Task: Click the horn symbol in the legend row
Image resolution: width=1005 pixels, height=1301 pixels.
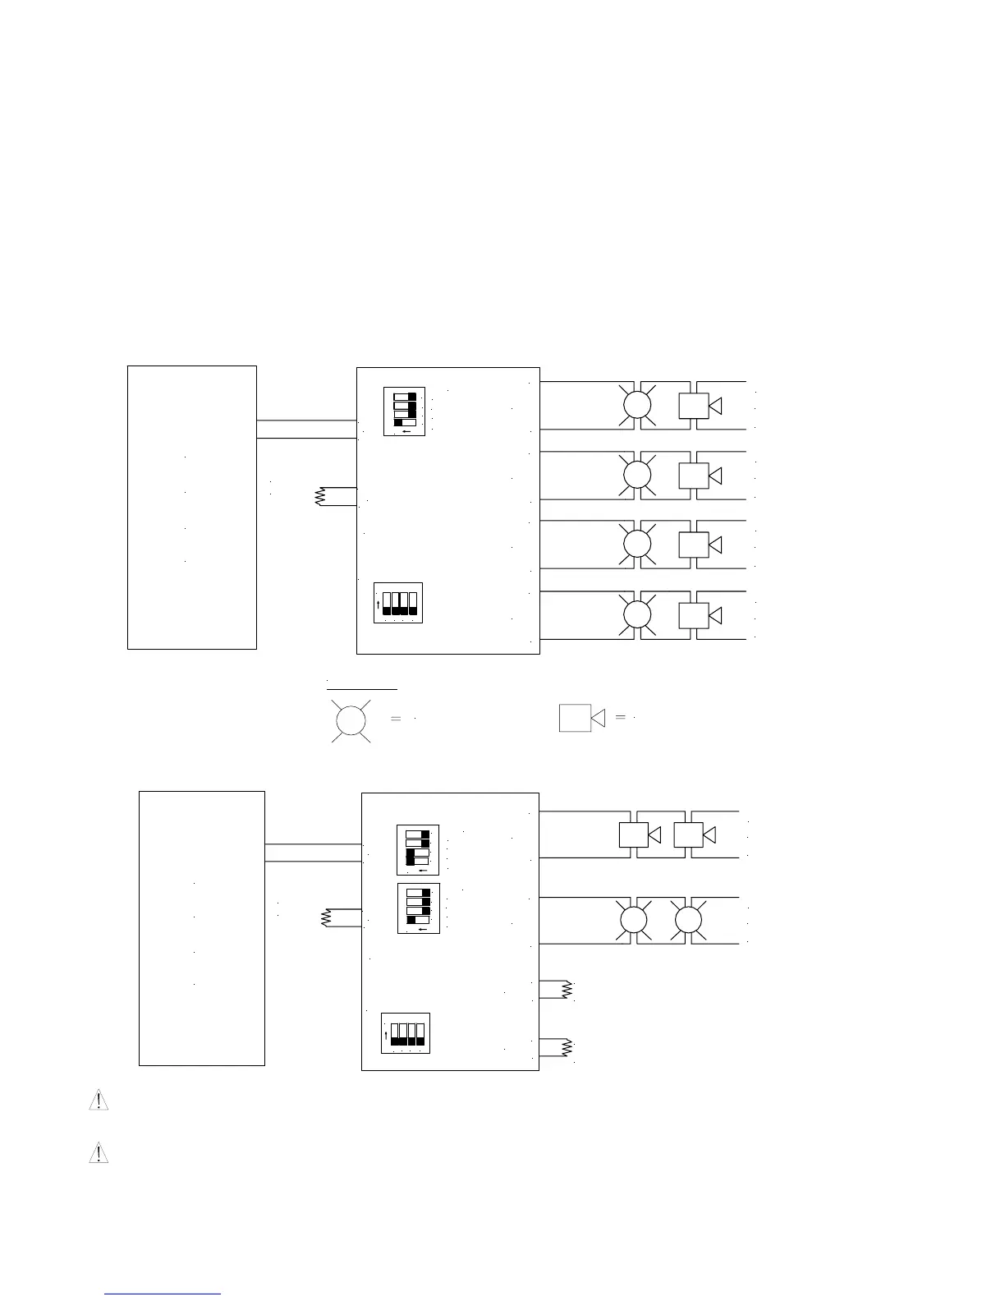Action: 581,718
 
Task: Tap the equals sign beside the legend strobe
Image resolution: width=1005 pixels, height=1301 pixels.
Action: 396,719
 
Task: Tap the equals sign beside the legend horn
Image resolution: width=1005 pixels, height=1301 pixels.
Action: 621,717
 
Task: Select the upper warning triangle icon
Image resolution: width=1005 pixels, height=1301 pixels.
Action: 99,1101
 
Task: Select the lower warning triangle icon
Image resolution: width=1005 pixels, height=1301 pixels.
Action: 99,1153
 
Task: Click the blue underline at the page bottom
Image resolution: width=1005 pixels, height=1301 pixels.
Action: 163,1294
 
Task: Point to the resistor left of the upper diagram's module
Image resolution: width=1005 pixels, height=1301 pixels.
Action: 321,497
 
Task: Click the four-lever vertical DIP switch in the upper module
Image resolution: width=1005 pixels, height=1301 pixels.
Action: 398,604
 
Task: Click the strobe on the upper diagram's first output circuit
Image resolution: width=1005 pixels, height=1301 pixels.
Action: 637,405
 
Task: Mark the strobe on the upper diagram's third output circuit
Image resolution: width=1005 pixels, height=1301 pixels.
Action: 637,545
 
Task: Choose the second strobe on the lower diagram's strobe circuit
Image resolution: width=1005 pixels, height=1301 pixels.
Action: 688,921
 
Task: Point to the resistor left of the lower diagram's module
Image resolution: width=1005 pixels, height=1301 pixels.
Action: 326,918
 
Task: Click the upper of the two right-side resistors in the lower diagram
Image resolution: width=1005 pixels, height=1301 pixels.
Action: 567,990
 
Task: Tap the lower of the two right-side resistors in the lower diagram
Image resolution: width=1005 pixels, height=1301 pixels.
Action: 567,1048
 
